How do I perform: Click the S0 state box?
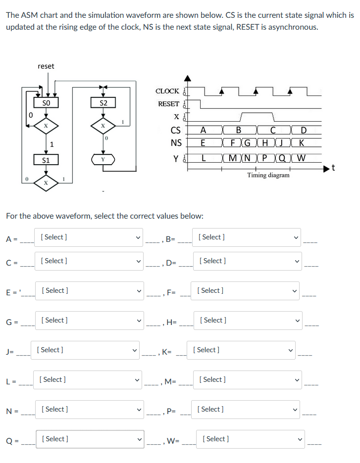(x=46, y=102)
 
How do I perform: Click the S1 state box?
(x=46, y=160)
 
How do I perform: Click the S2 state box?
(x=103, y=103)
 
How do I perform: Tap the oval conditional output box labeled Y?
(x=103, y=160)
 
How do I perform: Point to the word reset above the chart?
(x=46, y=66)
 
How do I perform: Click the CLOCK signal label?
(x=167, y=91)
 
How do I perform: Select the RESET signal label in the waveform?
(x=168, y=104)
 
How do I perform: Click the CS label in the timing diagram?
(x=175, y=131)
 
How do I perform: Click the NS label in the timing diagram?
(x=175, y=143)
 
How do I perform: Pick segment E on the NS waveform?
(x=203, y=143)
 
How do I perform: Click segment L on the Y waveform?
(x=204, y=158)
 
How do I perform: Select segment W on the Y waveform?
(x=303, y=158)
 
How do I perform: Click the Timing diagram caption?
(x=268, y=175)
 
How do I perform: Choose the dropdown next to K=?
(x=241, y=350)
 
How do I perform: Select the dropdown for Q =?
(x=91, y=439)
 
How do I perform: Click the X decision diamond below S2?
(x=103, y=126)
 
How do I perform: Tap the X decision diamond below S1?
(x=46, y=183)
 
